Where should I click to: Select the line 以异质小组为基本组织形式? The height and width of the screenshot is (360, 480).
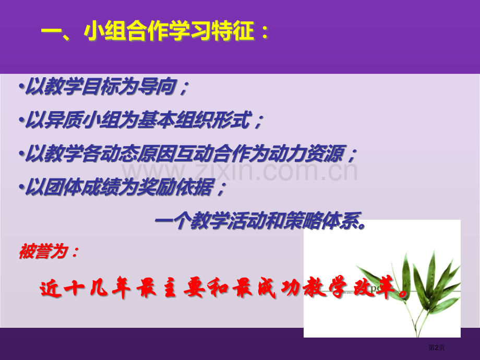click(x=141, y=122)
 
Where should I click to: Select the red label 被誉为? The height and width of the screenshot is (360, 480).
click(x=48, y=252)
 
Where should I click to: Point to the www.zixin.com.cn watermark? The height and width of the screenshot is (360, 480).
click(x=240, y=171)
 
